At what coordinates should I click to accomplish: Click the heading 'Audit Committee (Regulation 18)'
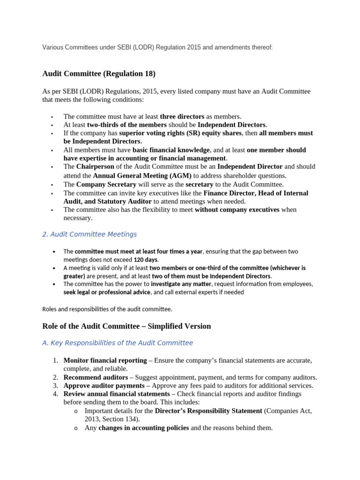(98, 74)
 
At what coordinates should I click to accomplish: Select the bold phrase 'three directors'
(182, 116)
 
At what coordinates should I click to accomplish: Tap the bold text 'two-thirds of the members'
(127, 125)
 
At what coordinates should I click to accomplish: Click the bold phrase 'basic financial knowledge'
(171, 150)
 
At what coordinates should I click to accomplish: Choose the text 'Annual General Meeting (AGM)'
(142, 175)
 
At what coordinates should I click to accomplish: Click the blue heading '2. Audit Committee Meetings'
(90, 234)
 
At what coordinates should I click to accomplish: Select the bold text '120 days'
(146, 259)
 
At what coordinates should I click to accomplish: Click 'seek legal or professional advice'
(107, 292)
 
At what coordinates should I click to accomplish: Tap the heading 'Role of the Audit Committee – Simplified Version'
(127, 326)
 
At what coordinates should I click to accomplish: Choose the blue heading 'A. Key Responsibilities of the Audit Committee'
(117, 343)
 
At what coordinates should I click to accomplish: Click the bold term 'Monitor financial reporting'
(105, 360)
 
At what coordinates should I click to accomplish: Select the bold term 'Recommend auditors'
(96, 377)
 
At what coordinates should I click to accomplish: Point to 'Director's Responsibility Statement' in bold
(208, 411)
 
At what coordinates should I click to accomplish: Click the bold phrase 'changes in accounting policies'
(143, 427)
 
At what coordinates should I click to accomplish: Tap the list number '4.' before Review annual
(55, 394)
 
